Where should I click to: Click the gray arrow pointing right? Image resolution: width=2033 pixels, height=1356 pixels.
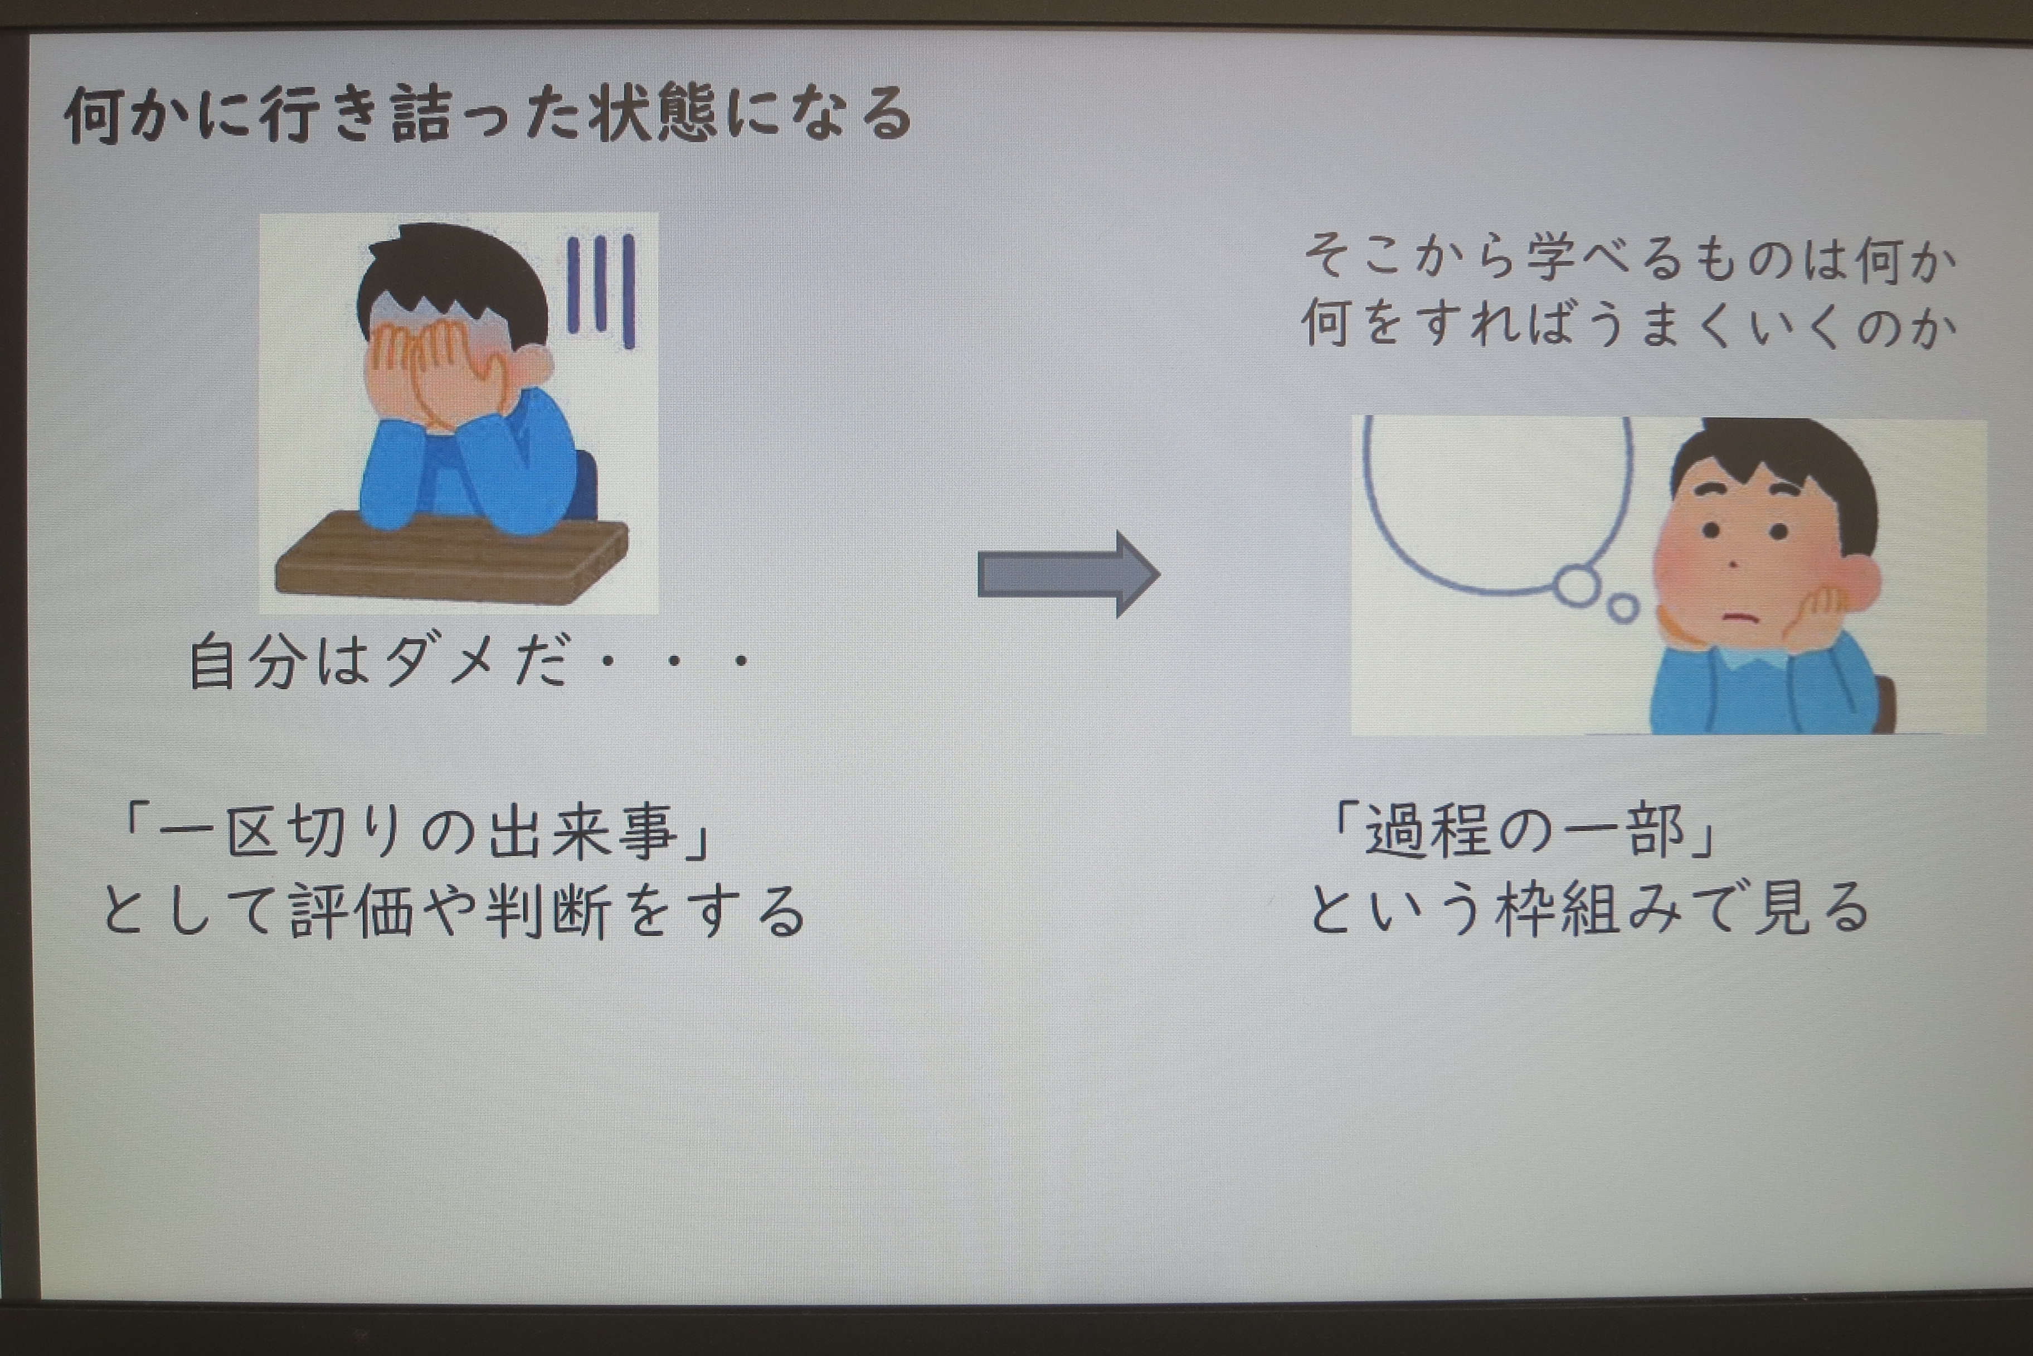click(1068, 574)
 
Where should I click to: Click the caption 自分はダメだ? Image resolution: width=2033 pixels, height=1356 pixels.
click(380, 662)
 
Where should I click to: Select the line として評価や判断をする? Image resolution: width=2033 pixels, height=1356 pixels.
click(453, 911)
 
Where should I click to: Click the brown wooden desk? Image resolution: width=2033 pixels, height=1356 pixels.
click(451, 554)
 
